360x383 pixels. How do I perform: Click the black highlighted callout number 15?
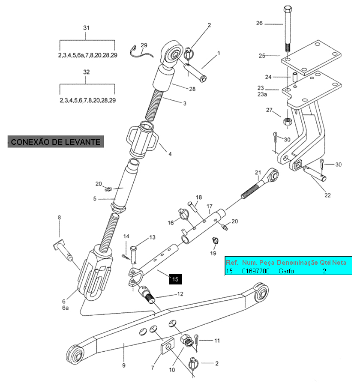(175, 279)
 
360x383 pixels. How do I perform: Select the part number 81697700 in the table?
(255, 271)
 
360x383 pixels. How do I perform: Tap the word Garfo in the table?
(286, 271)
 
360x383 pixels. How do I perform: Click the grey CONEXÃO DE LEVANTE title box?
(56, 142)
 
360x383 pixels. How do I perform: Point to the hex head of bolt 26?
(288, 9)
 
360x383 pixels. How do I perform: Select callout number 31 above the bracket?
(86, 28)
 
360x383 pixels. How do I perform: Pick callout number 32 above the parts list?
(87, 72)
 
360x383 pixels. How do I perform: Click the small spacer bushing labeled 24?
(295, 77)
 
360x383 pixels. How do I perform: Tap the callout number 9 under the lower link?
(124, 365)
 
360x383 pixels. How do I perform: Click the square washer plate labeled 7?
(168, 346)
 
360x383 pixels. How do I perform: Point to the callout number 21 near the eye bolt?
(258, 173)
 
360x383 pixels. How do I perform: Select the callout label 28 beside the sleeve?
(192, 89)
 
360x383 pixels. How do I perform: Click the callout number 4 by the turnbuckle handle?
(170, 154)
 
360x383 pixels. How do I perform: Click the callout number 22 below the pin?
(327, 195)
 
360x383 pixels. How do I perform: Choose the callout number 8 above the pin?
(60, 217)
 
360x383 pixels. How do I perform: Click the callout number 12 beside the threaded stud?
(180, 294)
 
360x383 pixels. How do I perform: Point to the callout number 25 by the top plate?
(262, 56)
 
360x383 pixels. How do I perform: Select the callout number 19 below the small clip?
(213, 253)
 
